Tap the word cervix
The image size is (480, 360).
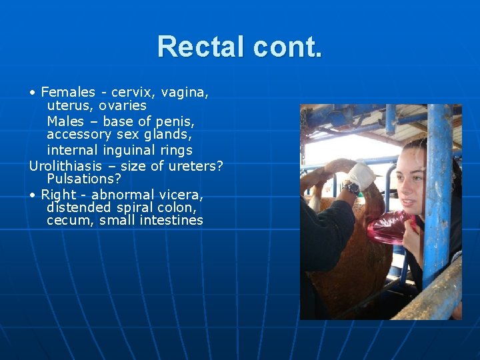pos(133,92)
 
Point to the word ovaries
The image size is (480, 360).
pos(123,106)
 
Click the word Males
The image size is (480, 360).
pos(65,121)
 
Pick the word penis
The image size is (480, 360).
pos(175,121)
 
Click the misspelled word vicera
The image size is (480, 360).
pos(181,195)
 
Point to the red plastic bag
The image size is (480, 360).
pos(390,227)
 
